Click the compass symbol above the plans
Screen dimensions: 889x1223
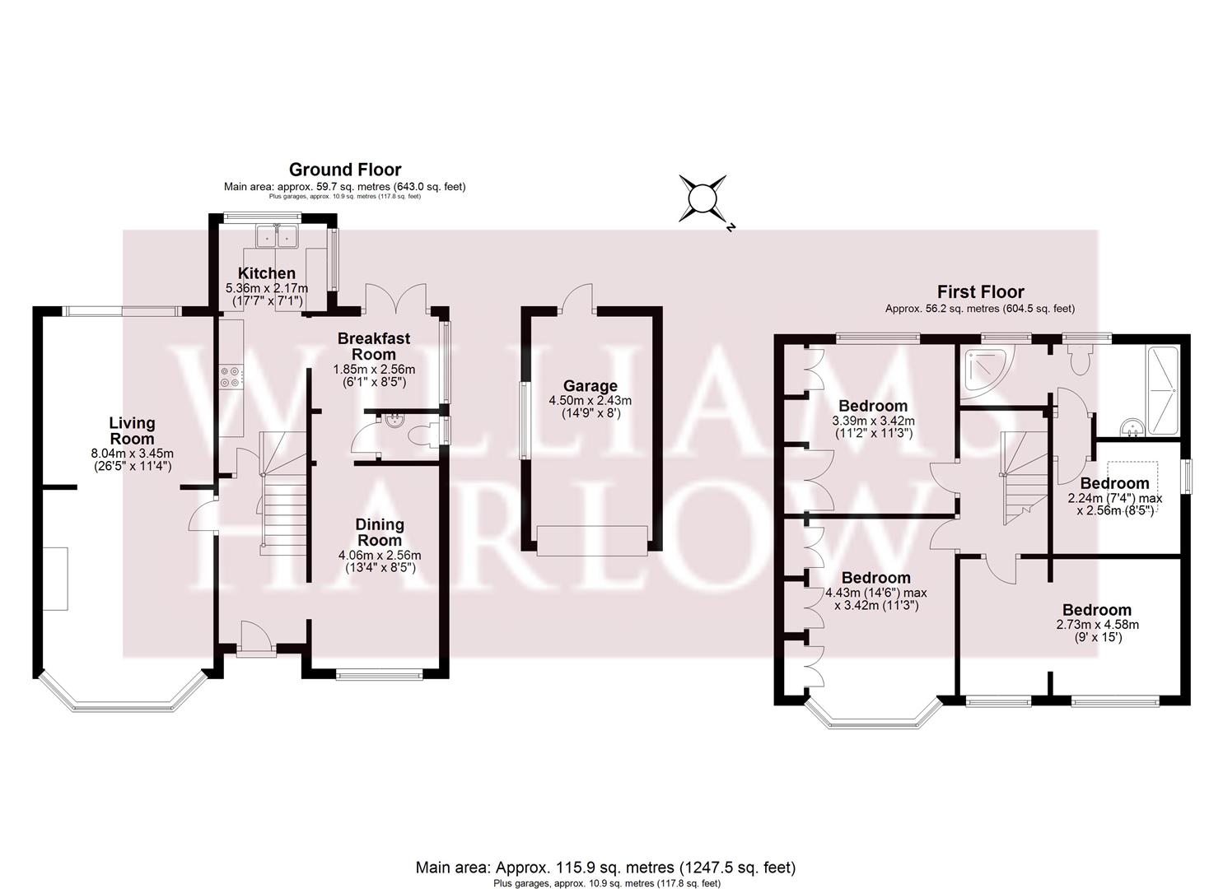point(703,198)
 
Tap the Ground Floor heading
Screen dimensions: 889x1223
point(345,170)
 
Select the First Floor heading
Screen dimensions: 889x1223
point(980,291)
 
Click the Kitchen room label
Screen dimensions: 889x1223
point(266,273)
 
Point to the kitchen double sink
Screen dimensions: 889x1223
point(276,236)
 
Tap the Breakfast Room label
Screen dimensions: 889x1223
point(373,347)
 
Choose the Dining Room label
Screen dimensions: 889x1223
point(380,533)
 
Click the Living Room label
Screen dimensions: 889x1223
point(132,431)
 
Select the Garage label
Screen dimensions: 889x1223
point(590,386)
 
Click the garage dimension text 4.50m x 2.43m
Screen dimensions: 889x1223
point(590,401)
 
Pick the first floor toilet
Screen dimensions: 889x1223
point(1078,359)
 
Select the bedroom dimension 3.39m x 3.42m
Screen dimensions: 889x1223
point(873,421)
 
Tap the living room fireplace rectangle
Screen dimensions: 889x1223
point(56,578)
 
